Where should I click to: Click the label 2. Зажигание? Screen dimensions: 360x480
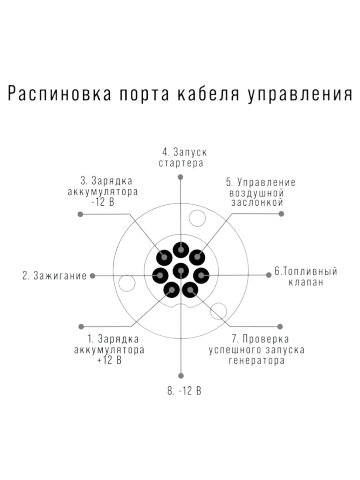click(x=54, y=276)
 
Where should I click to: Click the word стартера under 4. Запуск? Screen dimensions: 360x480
click(x=181, y=163)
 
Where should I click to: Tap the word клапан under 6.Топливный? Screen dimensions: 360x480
click(x=306, y=282)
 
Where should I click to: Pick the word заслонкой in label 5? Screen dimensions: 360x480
click(x=257, y=203)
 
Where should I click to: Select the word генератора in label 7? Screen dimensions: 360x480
click(x=257, y=361)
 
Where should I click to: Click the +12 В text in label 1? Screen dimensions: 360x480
click(x=109, y=360)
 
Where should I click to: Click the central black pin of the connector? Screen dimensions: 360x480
click(x=181, y=271)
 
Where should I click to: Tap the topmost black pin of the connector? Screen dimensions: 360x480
click(x=181, y=250)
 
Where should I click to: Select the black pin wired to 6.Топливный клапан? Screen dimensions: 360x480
click(x=201, y=276)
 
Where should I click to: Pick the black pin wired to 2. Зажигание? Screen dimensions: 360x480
click(x=160, y=276)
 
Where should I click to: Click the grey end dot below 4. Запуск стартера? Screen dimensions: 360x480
click(x=180, y=177)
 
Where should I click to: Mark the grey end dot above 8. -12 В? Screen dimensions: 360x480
click(x=181, y=376)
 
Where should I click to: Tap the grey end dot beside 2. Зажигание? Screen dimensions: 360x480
click(x=92, y=276)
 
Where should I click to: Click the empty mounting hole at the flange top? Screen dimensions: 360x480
click(x=197, y=218)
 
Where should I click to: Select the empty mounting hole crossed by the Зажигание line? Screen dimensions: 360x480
click(x=127, y=283)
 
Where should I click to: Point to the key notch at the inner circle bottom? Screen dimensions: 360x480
click(x=181, y=306)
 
